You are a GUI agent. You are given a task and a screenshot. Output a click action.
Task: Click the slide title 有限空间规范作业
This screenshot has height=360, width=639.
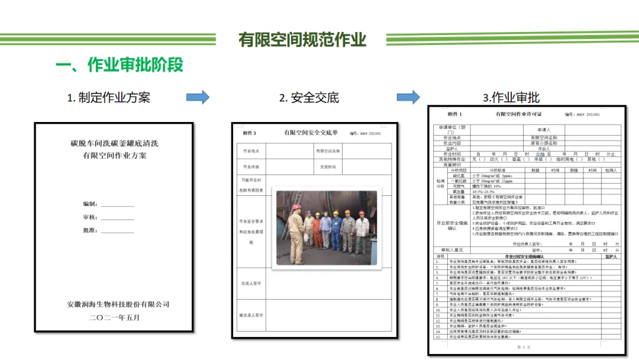pyautogui.click(x=302, y=40)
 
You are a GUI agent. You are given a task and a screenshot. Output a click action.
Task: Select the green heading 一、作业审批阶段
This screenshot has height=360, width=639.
pyautogui.click(x=119, y=65)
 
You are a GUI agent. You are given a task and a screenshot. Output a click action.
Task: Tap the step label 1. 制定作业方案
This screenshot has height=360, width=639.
pyautogui.click(x=108, y=98)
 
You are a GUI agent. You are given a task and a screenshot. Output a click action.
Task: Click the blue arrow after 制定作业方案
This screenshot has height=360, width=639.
pyautogui.click(x=198, y=97)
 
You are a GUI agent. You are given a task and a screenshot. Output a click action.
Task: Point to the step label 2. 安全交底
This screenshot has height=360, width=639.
pyautogui.click(x=309, y=98)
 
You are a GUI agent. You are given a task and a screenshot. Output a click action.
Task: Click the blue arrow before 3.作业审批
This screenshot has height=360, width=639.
pyautogui.click(x=408, y=97)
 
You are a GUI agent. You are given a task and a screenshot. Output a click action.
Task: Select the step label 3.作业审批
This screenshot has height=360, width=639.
pyautogui.click(x=511, y=98)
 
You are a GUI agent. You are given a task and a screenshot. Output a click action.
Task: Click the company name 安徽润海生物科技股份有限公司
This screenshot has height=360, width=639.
pyautogui.click(x=118, y=304)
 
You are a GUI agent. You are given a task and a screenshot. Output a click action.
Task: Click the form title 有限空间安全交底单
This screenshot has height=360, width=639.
pyautogui.click(x=311, y=133)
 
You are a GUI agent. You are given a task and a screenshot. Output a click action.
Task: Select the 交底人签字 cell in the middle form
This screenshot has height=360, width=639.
pyautogui.click(x=251, y=284)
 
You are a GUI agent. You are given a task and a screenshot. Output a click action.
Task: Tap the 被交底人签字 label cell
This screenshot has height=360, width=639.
pyautogui.click(x=251, y=315)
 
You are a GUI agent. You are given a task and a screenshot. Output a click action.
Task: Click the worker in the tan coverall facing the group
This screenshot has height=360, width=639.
pyautogui.click(x=296, y=234)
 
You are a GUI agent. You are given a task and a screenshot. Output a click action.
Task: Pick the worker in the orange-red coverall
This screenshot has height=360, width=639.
pyautogui.click(x=318, y=231)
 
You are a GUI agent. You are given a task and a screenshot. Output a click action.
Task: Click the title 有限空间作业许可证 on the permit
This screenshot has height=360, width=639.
pyautogui.click(x=518, y=114)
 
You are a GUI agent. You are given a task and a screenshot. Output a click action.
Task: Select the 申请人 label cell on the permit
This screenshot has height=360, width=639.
pyautogui.click(x=544, y=129)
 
